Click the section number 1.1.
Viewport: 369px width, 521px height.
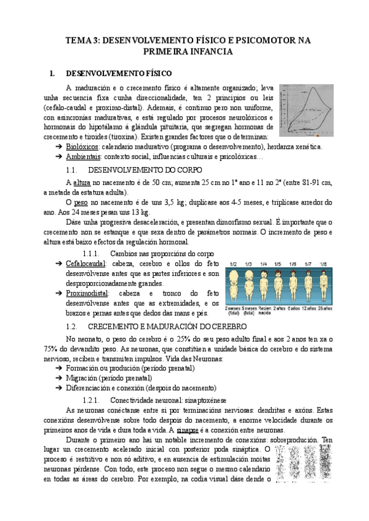point(72,169)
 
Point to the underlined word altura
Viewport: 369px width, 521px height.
point(82,183)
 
